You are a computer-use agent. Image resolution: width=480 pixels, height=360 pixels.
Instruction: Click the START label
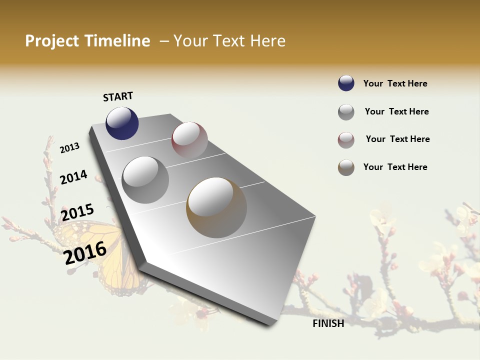118,96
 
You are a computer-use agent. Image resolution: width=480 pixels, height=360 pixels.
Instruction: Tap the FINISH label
328,323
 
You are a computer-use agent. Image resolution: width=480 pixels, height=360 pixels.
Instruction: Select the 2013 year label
69,148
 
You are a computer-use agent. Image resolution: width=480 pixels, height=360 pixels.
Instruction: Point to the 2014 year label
73,177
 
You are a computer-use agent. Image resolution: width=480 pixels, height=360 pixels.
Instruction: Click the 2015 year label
77,212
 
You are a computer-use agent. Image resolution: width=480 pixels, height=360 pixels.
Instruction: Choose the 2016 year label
85,252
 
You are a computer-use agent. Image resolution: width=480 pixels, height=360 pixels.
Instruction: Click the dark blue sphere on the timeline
122,123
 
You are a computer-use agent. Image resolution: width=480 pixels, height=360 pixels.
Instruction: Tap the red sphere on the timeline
189,140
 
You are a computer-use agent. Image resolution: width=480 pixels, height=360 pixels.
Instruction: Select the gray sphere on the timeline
145,179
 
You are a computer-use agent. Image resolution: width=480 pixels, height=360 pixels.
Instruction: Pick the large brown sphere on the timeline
216,207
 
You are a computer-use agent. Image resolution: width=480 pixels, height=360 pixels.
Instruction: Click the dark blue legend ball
346,83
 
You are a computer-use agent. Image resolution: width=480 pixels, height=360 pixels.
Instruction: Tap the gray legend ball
346,112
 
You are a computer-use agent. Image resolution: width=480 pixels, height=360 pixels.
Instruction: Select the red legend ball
346,140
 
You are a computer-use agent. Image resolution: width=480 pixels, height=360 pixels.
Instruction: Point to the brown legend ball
346,167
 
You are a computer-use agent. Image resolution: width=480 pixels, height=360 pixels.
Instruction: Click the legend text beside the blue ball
395,83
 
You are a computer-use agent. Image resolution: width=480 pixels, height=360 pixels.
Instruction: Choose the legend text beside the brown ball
395,167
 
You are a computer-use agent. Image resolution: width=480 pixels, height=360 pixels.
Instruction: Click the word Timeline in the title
117,41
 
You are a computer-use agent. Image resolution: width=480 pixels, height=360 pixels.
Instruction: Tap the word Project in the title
51,41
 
